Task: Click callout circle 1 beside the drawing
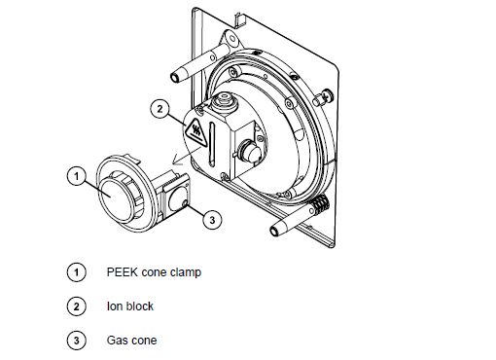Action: pos(73,176)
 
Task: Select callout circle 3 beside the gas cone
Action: pos(214,219)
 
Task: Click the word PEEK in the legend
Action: pos(122,271)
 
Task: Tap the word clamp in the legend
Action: pos(186,271)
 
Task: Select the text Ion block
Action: pos(129,306)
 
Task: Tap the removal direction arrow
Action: pos(174,156)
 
